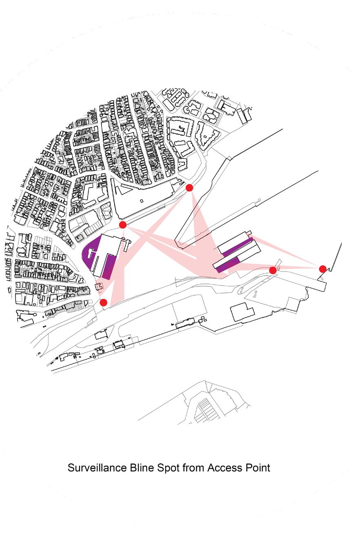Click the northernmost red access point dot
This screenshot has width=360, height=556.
(189, 188)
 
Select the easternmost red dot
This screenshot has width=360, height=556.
(322, 269)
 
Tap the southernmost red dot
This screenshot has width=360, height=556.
(104, 302)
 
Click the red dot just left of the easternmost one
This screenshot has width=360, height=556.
(273, 270)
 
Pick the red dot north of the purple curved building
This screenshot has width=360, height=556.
(123, 225)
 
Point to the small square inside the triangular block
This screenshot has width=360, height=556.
(141, 201)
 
